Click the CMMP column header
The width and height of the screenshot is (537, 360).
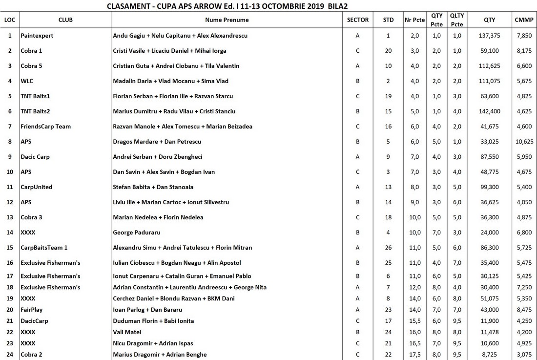524,20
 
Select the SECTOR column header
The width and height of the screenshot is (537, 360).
358,20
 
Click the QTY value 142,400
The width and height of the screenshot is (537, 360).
490,111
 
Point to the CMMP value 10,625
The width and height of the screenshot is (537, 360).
524,142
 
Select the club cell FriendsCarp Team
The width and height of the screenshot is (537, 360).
45,127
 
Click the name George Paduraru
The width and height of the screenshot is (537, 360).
136,233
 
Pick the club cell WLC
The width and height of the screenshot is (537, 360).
27,81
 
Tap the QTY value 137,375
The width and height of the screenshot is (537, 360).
490,36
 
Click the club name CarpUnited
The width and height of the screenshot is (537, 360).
36,187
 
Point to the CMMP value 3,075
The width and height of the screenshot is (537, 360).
524,355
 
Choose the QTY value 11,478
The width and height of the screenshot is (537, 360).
490,332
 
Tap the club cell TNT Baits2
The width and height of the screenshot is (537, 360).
35,111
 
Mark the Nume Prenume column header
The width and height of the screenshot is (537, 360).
227,20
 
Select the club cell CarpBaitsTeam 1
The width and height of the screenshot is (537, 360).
44,248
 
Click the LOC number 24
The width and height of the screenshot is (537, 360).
10,355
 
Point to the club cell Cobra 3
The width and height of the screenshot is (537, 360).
31,217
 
